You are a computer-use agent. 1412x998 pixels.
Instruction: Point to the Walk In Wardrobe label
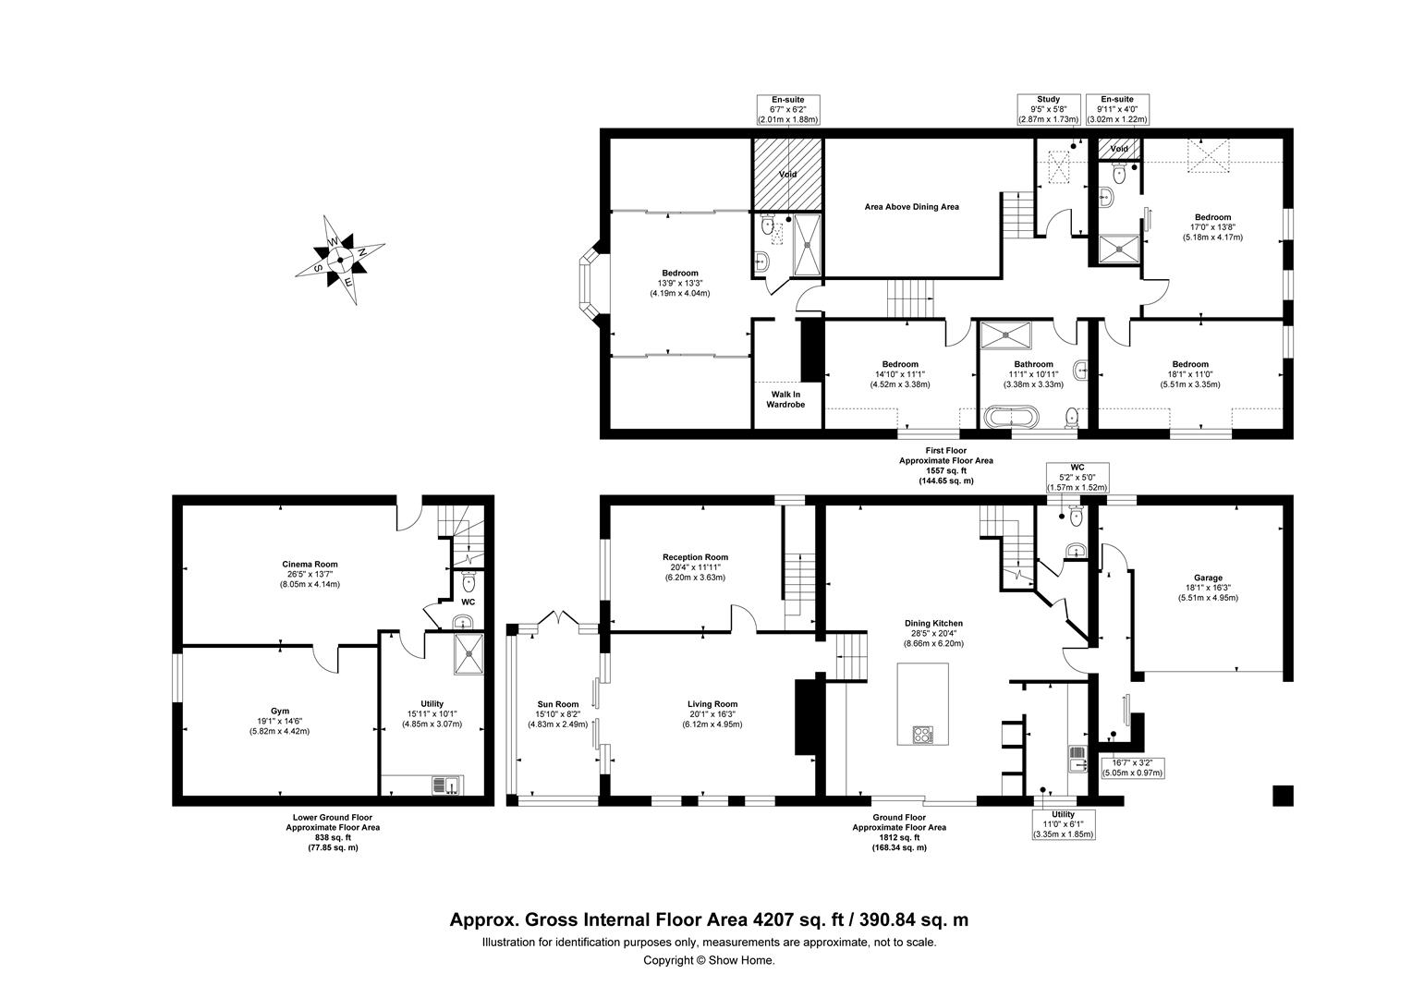point(787,398)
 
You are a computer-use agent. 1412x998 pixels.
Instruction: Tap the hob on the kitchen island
point(923,736)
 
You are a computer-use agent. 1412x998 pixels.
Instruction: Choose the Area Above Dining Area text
point(911,207)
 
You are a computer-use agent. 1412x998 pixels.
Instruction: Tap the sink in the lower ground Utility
point(448,785)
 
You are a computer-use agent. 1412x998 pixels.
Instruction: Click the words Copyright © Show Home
point(709,960)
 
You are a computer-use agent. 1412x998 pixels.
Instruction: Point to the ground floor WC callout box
point(1076,477)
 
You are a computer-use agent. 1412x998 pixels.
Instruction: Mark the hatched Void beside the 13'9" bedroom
point(786,174)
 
